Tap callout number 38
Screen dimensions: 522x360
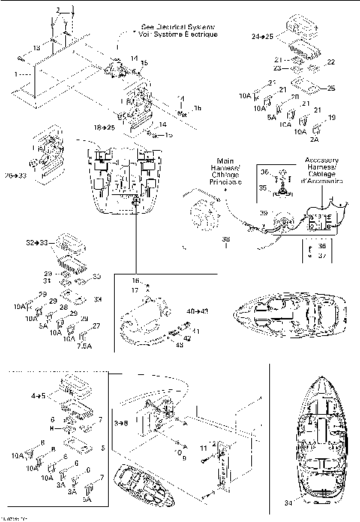pyautogui.click(x=225, y=239)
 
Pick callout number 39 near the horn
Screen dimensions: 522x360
pyautogui.click(x=263, y=213)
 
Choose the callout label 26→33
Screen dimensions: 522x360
pyautogui.click(x=15, y=175)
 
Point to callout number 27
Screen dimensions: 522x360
pyautogui.click(x=94, y=325)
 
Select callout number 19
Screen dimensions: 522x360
pyautogui.click(x=332, y=118)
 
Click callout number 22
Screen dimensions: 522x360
pyautogui.click(x=331, y=62)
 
